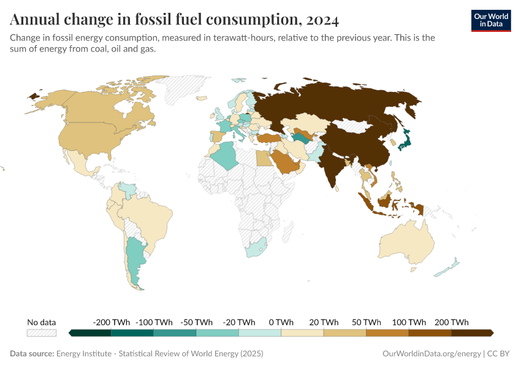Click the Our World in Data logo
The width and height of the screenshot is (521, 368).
click(x=490, y=20)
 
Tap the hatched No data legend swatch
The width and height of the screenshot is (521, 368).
click(x=42, y=333)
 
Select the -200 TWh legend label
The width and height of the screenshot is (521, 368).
click(x=111, y=322)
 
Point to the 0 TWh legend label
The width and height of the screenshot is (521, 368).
click(x=281, y=322)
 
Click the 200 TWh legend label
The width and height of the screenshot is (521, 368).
click(x=452, y=322)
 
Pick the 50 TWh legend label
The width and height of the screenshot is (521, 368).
click(x=366, y=322)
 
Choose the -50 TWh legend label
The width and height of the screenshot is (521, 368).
click(x=196, y=322)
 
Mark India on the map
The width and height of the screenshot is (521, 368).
click(x=334, y=166)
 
